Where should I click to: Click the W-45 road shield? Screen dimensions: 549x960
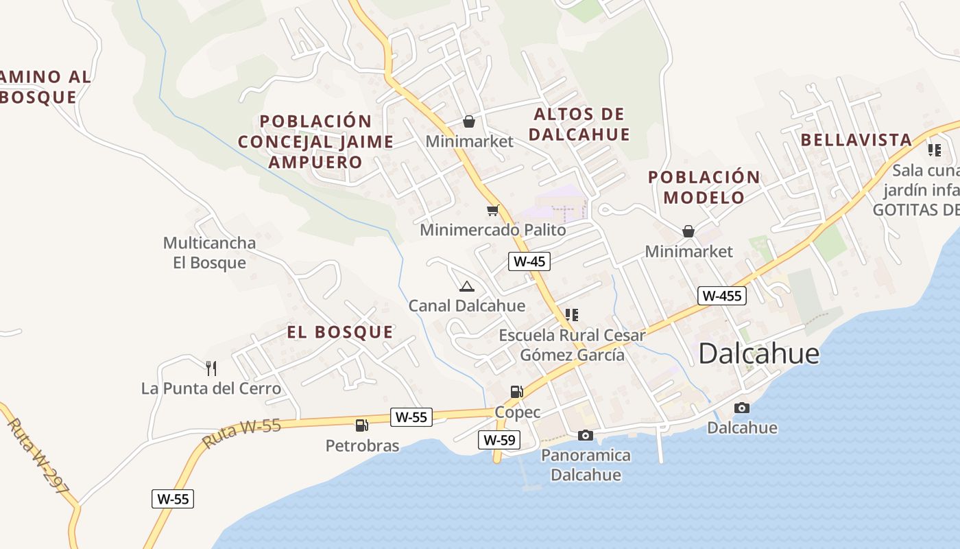(529, 261)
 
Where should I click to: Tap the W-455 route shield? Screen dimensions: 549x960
(721, 296)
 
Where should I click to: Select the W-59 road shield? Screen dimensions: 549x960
(499, 440)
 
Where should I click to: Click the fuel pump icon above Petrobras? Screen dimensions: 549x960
(362, 425)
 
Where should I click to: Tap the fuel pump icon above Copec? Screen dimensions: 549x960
(517, 392)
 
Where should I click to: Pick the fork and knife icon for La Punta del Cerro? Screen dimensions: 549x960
(211, 369)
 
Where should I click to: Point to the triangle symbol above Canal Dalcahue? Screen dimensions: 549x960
(467, 286)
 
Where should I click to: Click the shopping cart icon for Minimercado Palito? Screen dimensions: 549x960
(492, 210)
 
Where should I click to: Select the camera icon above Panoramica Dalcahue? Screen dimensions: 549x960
(585, 435)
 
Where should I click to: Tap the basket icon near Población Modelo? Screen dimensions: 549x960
(688, 231)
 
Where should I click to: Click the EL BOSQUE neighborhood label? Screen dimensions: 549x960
(340, 332)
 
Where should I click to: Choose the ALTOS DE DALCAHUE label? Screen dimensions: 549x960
(579, 124)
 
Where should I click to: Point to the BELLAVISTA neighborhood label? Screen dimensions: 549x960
(856, 140)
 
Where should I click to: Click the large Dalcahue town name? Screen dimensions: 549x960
(759, 353)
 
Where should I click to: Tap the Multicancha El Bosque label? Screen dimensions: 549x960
(209, 253)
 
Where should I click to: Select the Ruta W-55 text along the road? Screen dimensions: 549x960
(242, 434)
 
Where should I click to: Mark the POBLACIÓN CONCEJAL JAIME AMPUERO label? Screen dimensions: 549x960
(315, 142)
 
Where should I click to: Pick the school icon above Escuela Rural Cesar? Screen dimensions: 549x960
(572, 315)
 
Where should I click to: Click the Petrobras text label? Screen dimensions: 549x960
(362, 446)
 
